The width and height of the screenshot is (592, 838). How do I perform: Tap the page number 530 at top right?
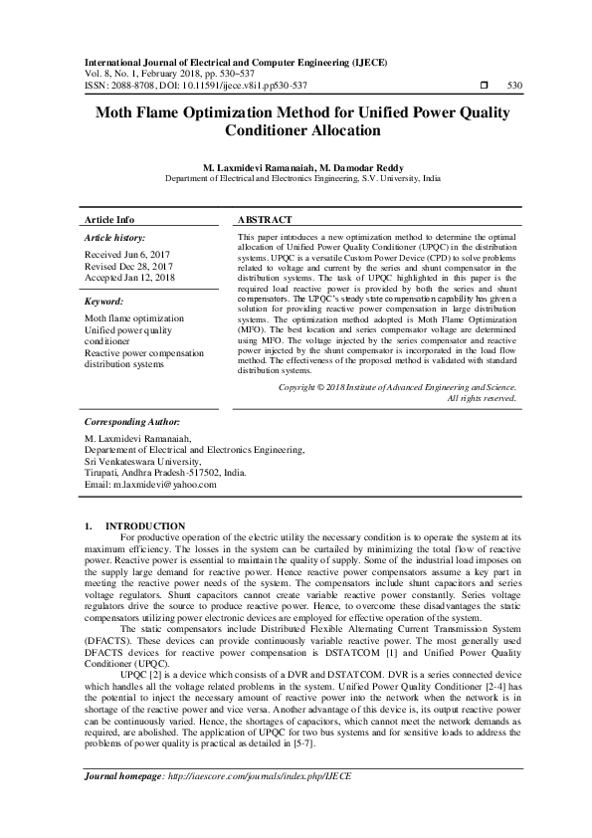[x=514, y=86]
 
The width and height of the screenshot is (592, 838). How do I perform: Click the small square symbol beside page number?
[x=484, y=86]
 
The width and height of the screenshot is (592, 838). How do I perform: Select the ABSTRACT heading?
[x=265, y=219]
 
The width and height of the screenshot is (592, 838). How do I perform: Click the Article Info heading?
[x=110, y=219]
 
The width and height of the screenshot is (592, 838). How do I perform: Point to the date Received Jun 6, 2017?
[x=128, y=256]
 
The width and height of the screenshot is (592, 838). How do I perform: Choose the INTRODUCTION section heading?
[x=145, y=525]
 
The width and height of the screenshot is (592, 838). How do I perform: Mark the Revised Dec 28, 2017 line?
[x=129, y=267]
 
